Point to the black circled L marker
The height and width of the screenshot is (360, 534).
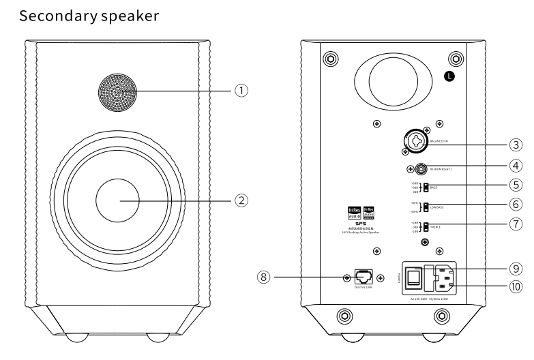click(449, 76)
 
